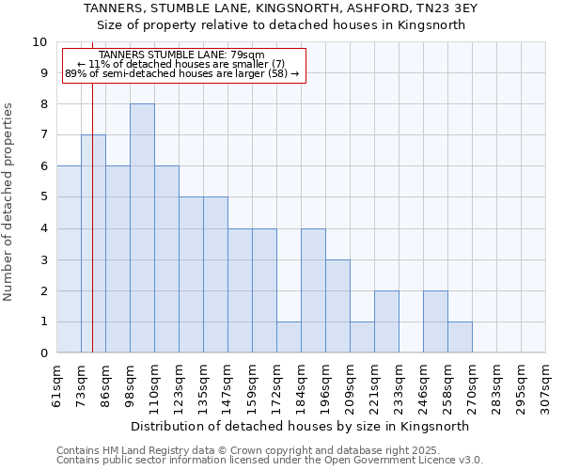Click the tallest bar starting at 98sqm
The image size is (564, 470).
click(x=142, y=227)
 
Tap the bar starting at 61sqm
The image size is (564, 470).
click(x=69, y=258)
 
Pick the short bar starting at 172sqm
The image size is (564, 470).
click(x=289, y=337)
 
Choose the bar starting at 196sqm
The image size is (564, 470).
click(x=337, y=305)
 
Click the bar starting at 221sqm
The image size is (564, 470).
click(x=386, y=321)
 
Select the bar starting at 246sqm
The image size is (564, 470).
click(x=435, y=321)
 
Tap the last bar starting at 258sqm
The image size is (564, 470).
click(x=460, y=337)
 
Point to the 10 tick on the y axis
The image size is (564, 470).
click(x=39, y=42)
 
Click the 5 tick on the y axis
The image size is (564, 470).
click(x=42, y=197)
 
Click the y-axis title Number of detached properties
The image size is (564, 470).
click(x=9, y=202)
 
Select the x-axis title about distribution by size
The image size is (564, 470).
click(x=299, y=427)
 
